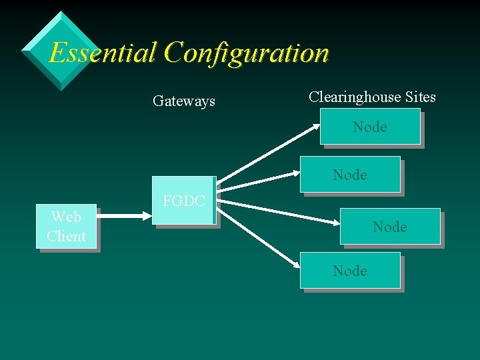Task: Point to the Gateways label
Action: pyautogui.click(x=184, y=101)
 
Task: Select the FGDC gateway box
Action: pyautogui.click(x=183, y=201)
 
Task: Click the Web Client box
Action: pyautogui.click(x=66, y=227)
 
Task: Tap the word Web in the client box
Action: pyautogui.click(x=66, y=217)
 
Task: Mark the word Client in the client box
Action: pyautogui.click(x=66, y=237)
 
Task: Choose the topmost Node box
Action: pyautogui.click(x=370, y=127)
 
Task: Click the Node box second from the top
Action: pyautogui.click(x=350, y=175)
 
